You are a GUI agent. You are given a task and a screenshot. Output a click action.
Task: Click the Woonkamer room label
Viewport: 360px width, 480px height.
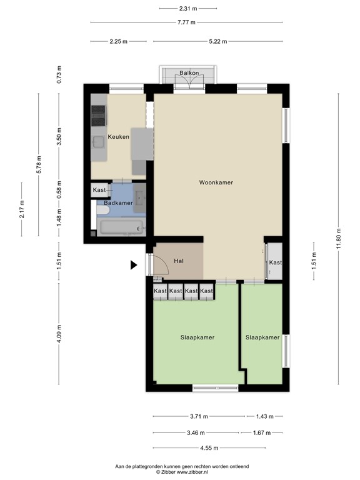[x=216, y=182]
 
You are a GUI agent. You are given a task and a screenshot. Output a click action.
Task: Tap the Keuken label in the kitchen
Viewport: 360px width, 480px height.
[x=118, y=137]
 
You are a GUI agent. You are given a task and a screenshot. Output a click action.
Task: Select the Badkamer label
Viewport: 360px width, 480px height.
[x=118, y=203]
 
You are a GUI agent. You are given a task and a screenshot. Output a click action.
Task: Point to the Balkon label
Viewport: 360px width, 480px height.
[x=189, y=73]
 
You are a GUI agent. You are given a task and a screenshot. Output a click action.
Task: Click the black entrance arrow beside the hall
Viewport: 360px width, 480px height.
[x=134, y=265]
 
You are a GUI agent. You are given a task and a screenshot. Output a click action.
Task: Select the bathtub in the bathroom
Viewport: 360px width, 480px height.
[x=119, y=226]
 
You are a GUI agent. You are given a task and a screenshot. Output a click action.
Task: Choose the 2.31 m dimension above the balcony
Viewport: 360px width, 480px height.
[x=188, y=9]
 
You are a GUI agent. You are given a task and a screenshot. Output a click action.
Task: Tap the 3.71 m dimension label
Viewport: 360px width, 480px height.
[x=199, y=416]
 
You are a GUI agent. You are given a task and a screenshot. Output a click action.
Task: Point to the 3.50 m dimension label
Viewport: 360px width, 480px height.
[x=59, y=141]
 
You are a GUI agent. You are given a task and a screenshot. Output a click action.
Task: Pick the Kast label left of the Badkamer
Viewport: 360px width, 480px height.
[x=99, y=190]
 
